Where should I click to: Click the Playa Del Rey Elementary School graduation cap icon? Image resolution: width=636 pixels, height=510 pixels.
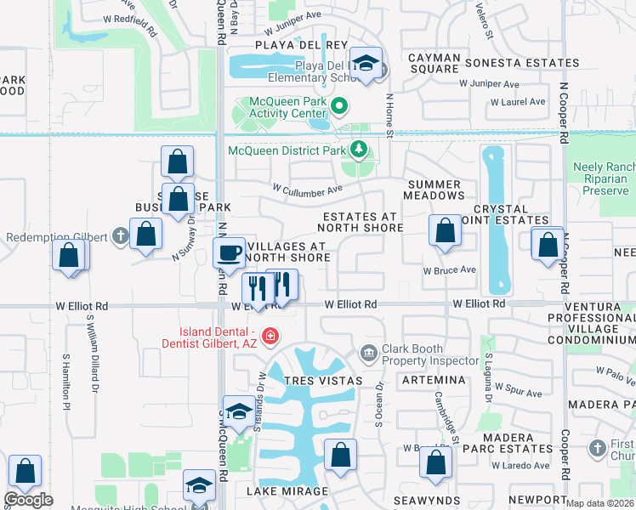[x=366, y=65]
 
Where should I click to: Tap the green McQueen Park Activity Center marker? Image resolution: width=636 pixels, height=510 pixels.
[x=340, y=107]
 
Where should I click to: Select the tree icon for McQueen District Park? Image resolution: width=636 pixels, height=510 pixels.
[x=359, y=150]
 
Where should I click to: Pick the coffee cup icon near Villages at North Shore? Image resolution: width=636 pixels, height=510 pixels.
[x=229, y=252]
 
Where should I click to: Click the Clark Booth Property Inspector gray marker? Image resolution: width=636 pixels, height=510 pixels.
[x=369, y=352]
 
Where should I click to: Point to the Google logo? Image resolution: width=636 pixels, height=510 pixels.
[x=28, y=500]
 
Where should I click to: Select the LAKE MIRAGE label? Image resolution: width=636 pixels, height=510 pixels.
[x=287, y=491]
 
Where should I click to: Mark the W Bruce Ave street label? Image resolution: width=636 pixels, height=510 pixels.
[x=450, y=270]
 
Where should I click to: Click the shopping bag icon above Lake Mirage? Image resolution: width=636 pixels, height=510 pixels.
[x=340, y=455]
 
